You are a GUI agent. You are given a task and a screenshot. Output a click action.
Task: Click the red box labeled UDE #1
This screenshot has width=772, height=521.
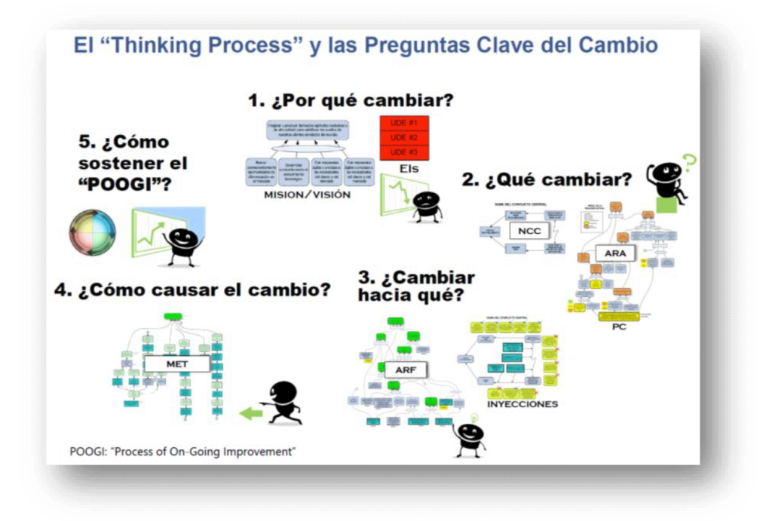coord(403,123)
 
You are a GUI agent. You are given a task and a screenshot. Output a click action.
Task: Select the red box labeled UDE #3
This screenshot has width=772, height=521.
coord(403,152)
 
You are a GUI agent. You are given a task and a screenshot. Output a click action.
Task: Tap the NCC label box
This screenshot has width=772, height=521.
coord(529,231)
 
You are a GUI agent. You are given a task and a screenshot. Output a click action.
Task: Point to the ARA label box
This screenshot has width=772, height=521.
coord(615,253)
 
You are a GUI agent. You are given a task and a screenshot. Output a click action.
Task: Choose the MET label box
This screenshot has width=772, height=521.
coord(177,364)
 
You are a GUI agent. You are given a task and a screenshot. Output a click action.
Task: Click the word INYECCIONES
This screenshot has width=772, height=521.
coord(522,404)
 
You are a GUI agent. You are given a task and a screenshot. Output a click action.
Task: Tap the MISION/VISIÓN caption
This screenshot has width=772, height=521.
coord(307,195)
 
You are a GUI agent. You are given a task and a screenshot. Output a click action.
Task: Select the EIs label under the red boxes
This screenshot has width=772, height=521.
coord(410,169)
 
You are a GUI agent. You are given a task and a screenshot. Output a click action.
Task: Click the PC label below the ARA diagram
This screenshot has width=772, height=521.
coord(618,326)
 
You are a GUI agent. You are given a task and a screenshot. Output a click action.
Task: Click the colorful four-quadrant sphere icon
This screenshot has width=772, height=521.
coord(93,232)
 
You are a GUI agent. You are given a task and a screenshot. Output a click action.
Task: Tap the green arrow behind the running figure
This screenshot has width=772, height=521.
coord(251,412)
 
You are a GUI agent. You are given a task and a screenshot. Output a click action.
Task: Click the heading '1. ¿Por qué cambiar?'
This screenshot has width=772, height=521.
coord(351,100)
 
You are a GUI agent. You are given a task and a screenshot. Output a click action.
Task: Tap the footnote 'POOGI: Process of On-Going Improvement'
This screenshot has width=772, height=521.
coord(182,452)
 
